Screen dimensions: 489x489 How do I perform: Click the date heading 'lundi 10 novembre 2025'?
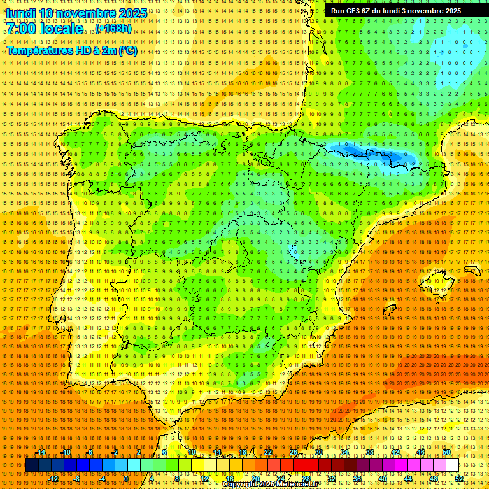point(76,13)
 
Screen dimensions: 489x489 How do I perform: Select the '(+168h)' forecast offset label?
point(114,29)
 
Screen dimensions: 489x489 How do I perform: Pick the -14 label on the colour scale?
point(41,452)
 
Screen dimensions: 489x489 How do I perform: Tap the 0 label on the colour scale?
point(126,478)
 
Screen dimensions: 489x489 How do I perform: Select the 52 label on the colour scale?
point(459,478)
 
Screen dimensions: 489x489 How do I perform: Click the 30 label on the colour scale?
point(318,452)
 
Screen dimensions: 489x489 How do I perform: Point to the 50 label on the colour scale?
point(446,452)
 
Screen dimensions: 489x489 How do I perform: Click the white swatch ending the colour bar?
point(453,465)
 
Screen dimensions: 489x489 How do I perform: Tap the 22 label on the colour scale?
point(267,452)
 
